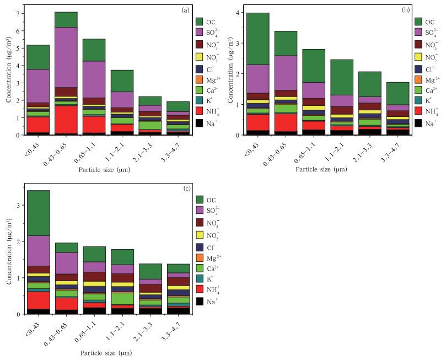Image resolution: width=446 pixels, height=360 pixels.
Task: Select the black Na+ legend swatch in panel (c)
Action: (x=202, y=302)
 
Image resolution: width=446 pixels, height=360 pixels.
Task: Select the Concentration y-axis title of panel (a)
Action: (x=8, y=72)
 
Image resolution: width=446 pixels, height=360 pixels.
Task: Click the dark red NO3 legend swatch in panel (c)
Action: (x=202, y=223)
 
